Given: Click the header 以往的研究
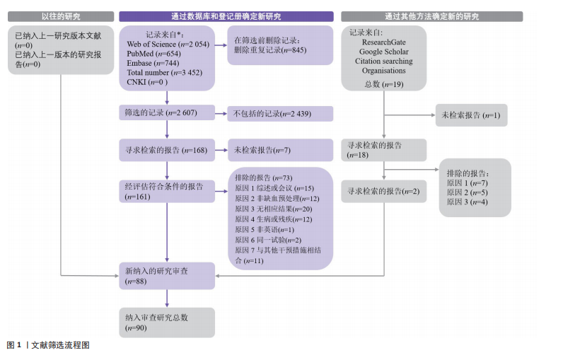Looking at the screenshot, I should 62,16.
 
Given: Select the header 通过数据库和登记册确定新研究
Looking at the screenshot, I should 226,16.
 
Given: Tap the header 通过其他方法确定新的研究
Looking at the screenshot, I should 432,16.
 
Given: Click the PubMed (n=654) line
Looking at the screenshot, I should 154,54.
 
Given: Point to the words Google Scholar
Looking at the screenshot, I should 384,52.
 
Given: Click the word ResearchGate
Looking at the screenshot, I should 384,42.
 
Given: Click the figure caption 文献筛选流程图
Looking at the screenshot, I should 60,346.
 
